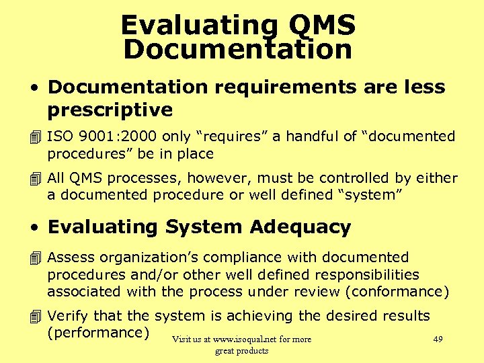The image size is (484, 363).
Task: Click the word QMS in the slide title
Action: coord(321,26)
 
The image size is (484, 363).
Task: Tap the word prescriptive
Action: coord(110,110)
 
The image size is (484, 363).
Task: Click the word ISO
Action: coord(60,136)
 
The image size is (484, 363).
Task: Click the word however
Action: coord(210,178)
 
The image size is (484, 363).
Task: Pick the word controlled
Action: coord(354,178)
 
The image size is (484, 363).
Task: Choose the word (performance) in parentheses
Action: coord(98,333)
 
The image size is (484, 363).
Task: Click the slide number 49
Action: coord(438,339)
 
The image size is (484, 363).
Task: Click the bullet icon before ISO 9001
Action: coord(36,136)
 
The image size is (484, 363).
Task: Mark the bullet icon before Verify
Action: coord(36,316)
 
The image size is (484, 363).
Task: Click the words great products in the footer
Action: coord(241,350)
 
